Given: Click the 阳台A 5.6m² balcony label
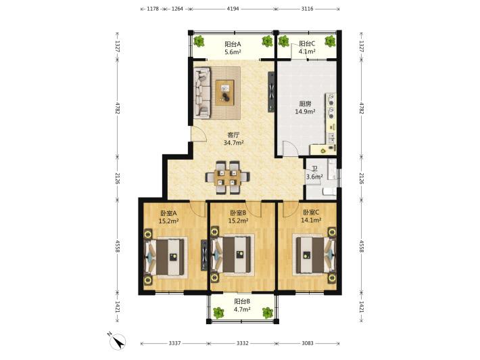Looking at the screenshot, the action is (x=233, y=48).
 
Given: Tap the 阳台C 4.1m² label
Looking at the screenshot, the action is (x=307, y=47).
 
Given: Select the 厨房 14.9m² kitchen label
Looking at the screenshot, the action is (x=305, y=108).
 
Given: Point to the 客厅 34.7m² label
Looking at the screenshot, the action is (x=233, y=139).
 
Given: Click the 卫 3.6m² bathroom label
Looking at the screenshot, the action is (x=314, y=173).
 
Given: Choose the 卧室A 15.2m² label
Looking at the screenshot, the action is (x=168, y=217).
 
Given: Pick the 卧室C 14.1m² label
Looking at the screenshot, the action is (x=311, y=216).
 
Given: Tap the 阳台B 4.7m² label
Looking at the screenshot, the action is (x=242, y=305).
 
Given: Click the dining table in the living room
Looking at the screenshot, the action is (x=227, y=177).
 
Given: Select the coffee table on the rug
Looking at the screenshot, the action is (x=224, y=93).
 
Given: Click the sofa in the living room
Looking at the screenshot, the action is (x=202, y=93).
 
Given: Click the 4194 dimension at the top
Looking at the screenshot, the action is (x=233, y=9).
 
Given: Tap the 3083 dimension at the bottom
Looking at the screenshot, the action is (x=308, y=343).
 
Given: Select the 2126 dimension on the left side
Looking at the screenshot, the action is (x=117, y=178).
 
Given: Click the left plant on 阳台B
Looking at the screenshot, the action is (x=218, y=313).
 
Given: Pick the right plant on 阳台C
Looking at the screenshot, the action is (x=330, y=41).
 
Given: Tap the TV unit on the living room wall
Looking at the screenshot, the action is (x=271, y=92).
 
